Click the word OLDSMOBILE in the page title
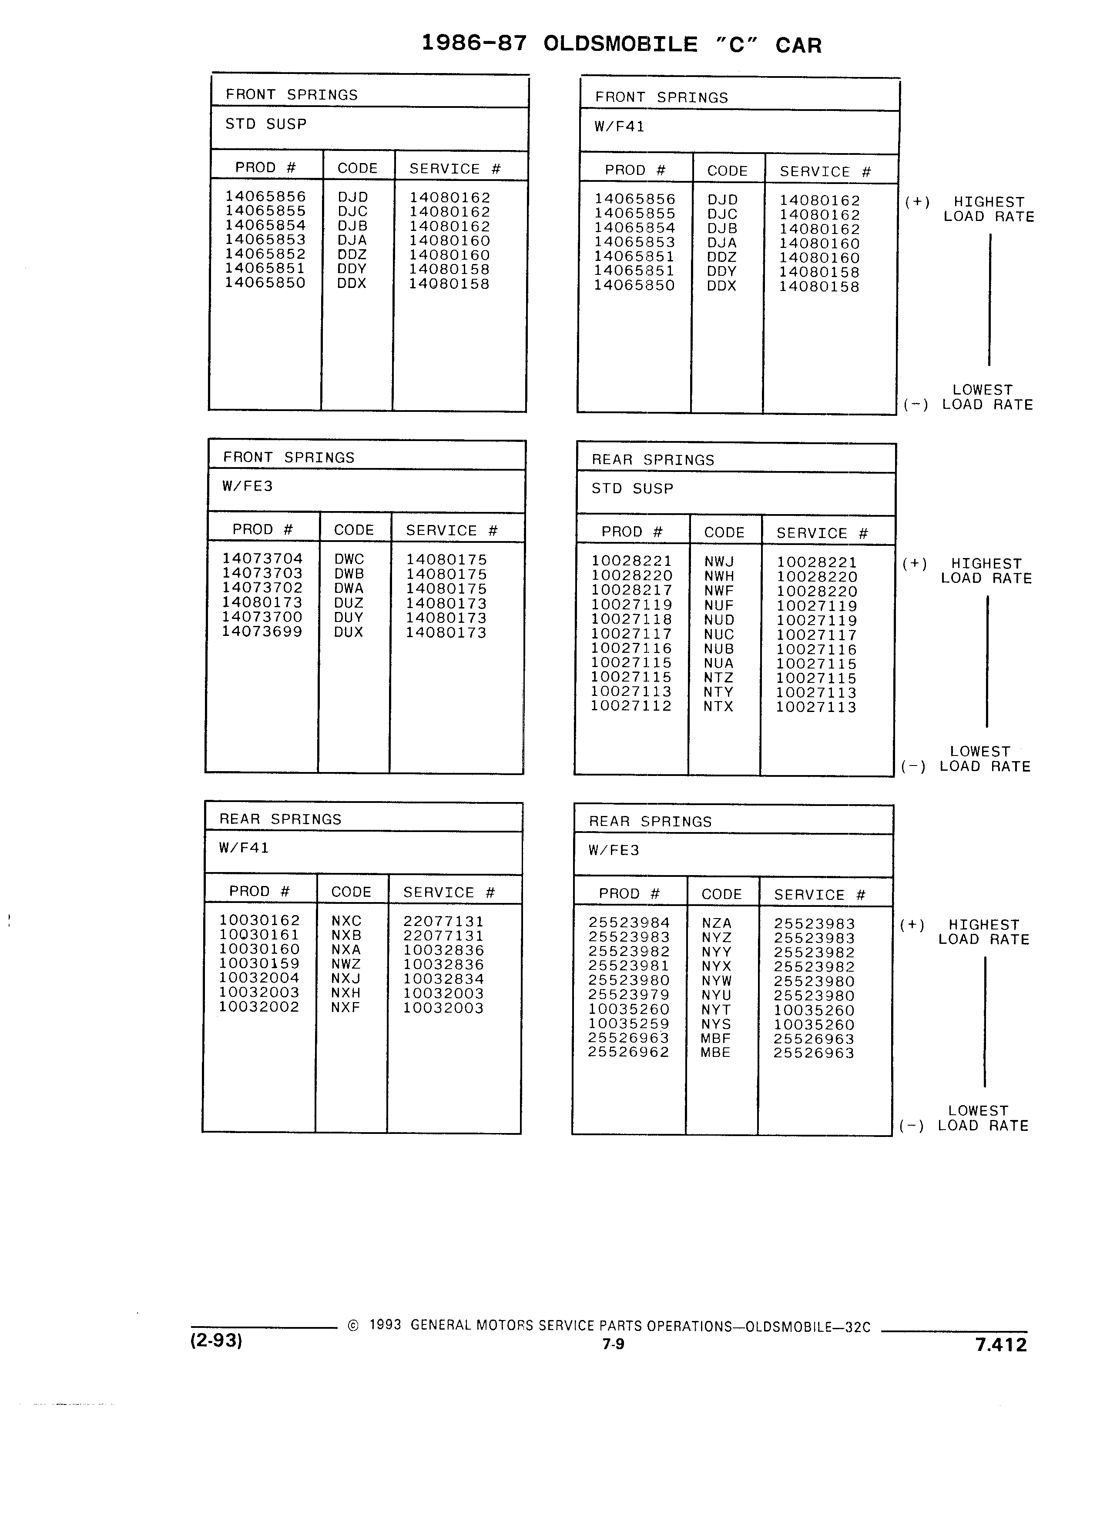click(x=620, y=44)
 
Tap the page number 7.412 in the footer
click(x=1001, y=1358)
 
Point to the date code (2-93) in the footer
click(x=216, y=1354)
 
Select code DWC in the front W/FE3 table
click(x=349, y=560)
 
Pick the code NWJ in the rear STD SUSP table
click(x=719, y=562)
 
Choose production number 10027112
click(x=631, y=706)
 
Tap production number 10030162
click(x=259, y=920)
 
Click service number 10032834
click(x=444, y=979)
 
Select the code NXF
click(x=346, y=1007)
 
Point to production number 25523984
click(x=629, y=923)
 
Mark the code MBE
click(x=716, y=1053)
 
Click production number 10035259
click(x=629, y=1023)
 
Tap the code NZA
click(x=717, y=923)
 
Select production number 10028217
click(x=631, y=590)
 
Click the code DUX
click(x=349, y=632)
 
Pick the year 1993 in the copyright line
click(x=386, y=1325)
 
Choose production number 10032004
click(x=259, y=978)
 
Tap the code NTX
click(x=718, y=707)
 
